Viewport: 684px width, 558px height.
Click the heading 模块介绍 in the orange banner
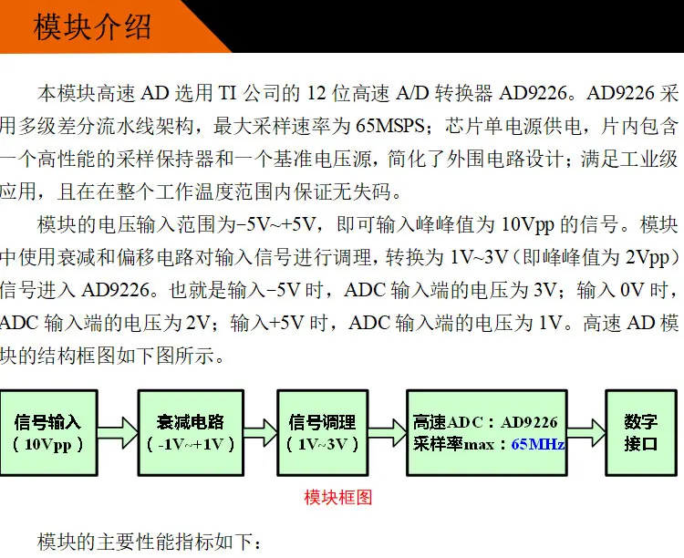pos(91,26)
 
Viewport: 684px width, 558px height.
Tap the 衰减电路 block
pos(190,433)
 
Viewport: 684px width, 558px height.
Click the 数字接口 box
pos(640,433)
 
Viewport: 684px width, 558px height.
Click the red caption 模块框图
pos(337,497)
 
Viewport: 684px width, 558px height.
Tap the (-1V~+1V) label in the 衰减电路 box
pos(190,445)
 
